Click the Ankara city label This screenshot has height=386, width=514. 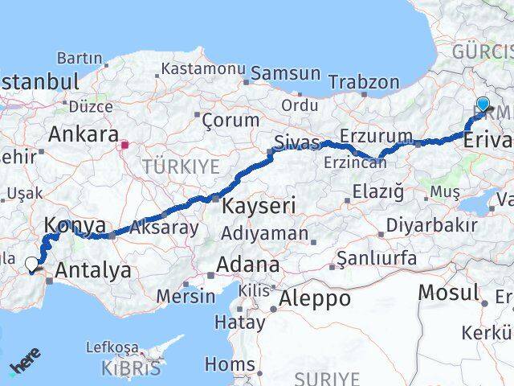point(84,133)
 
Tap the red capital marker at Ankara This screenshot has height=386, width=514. point(124,146)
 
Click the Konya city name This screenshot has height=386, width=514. point(75,225)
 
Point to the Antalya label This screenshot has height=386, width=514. point(94,272)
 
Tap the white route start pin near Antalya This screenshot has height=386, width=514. point(32,264)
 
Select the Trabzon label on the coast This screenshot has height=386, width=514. point(363,82)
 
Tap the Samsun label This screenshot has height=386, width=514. point(285,74)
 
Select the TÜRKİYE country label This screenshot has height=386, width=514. point(181,166)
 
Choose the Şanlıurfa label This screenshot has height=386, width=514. point(377,258)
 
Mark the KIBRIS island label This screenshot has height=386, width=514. point(130,369)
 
